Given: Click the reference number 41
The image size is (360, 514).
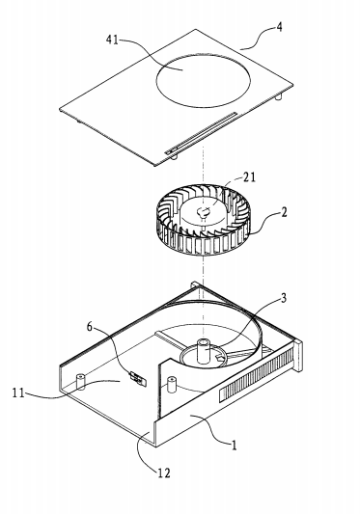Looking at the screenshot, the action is click(x=112, y=40).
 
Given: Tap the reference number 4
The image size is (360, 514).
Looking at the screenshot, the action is click(x=279, y=27).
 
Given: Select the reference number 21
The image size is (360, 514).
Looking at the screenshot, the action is click(x=249, y=177).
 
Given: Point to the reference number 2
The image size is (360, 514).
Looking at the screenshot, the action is click(x=284, y=212).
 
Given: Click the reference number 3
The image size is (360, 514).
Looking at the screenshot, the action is click(x=283, y=298).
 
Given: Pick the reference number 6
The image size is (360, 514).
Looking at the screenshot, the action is click(x=90, y=327).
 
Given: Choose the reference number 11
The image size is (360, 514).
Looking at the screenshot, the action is click(x=18, y=392).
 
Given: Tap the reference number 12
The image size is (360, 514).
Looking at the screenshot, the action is click(x=164, y=473).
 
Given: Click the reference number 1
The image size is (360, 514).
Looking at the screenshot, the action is click(x=234, y=446).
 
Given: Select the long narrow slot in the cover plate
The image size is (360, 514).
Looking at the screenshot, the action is click(x=201, y=133).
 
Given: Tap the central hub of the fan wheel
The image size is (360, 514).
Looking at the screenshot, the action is click(x=203, y=213).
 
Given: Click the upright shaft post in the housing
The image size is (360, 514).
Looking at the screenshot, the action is click(x=204, y=351).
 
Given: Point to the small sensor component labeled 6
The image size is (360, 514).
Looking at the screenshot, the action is click(x=138, y=378).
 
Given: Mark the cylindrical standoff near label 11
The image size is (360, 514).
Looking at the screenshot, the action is click(x=80, y=382).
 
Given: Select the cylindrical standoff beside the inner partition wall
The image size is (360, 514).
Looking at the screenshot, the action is click(x=171, y=384).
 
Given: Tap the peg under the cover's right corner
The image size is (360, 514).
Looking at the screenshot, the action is click(x=279, y=97).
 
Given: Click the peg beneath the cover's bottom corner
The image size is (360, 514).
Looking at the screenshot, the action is click(x=175, y=156).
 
